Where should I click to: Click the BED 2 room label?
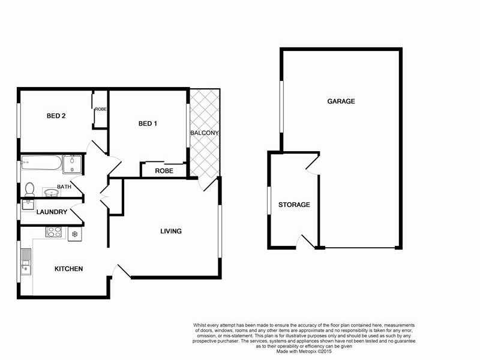[56, 116]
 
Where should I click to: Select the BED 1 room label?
[148, 124]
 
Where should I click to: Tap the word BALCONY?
[205, 133]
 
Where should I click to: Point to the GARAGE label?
[341, 101]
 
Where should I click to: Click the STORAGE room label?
[294, 205]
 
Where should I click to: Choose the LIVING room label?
[170, 231]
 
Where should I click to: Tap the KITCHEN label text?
[68, 269]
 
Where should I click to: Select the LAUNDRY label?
[51, 212]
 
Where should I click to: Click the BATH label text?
[64, 187]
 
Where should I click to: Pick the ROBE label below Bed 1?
[164, 171]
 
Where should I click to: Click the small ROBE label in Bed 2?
[100, 109]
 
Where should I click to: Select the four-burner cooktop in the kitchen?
[55, 233]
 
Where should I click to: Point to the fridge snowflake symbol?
[75, 234]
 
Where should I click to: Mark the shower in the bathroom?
[75, 163]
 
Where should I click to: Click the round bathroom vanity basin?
[49, 193]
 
